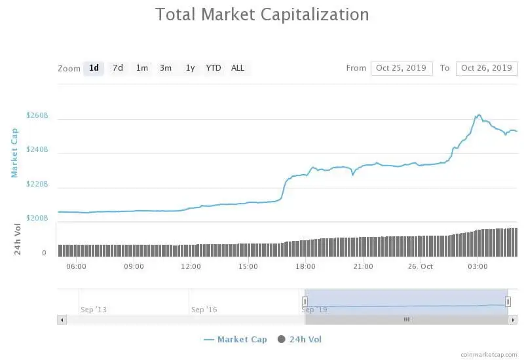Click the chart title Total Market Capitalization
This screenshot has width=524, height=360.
[x=262, y=14]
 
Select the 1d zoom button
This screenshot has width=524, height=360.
[x=94, y=68]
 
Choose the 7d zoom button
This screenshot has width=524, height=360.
[x=118, y=68]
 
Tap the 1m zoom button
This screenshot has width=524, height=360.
[x=141, y=68]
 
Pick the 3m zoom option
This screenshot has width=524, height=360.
[x=166, y=68]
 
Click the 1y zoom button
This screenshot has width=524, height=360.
[x=190, y=68]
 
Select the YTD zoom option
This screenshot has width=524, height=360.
[x=214, y=68]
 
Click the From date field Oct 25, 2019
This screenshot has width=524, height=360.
[x=402, y=68]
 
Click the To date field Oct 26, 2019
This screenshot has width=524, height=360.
[x=487, y=68]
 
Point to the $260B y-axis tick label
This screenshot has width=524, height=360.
[x=37, y=116]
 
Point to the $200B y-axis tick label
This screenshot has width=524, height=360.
[x=37, y=218]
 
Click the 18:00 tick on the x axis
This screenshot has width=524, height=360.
[x=306, y=266]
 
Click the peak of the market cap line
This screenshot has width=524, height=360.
[x=478, y=115]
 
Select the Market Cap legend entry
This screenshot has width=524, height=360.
[x=242, y=339]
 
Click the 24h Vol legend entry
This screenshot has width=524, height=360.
[x=305, y=339]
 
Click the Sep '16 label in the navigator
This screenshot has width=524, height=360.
[x=204, y=309]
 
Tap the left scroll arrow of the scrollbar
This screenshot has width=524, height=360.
[x=62, y=319]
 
